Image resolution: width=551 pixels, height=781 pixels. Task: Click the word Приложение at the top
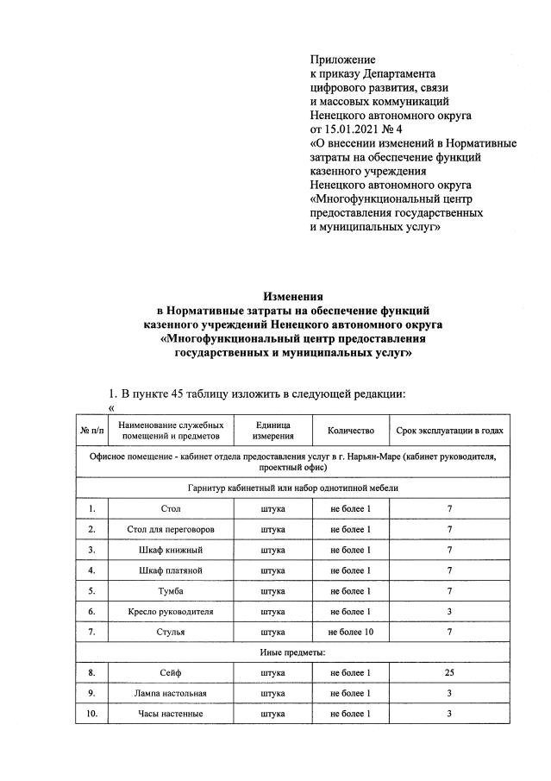342,60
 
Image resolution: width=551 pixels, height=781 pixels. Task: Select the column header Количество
351,430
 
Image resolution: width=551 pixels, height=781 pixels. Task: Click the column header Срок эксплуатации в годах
449,430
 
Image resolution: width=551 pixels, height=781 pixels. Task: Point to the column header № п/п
91,430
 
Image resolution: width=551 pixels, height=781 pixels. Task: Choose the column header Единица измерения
273,430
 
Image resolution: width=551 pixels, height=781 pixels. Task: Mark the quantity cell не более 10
351,632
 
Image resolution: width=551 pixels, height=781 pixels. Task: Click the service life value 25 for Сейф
449,672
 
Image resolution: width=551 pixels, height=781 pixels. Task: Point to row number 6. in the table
91,611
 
